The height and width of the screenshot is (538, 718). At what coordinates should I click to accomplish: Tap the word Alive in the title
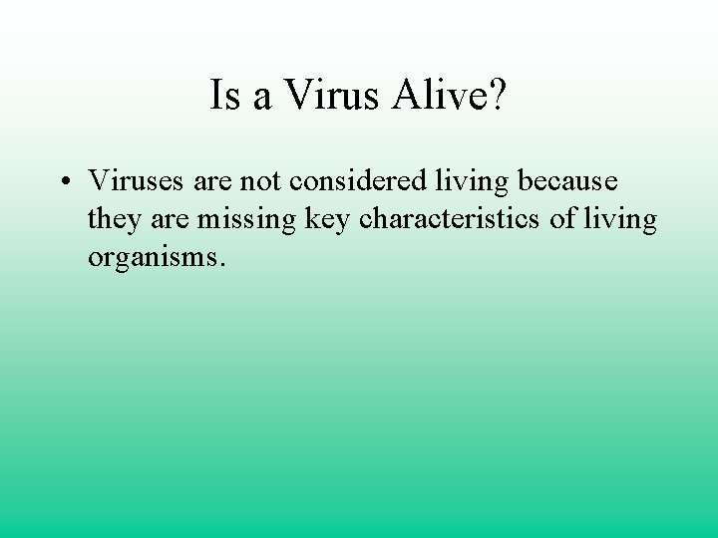pos(431,96)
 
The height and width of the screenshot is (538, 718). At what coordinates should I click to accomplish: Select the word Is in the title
pos(223,96)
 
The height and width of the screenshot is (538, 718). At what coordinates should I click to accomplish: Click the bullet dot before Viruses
pos(63,182)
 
